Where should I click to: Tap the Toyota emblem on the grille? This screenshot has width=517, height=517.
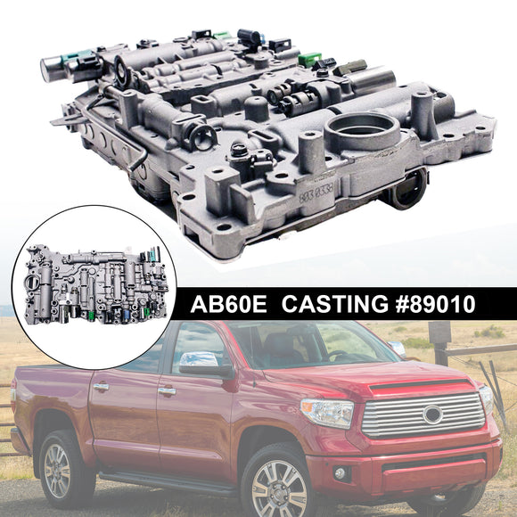click(x=432, y=414)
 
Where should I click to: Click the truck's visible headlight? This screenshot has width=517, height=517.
click(x=327, y=412)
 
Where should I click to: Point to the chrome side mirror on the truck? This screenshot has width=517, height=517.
click(x=193, y=362)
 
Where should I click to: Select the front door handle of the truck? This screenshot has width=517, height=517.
click(x=167, y=390)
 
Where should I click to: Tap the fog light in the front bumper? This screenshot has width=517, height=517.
click(x=341, y=472)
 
